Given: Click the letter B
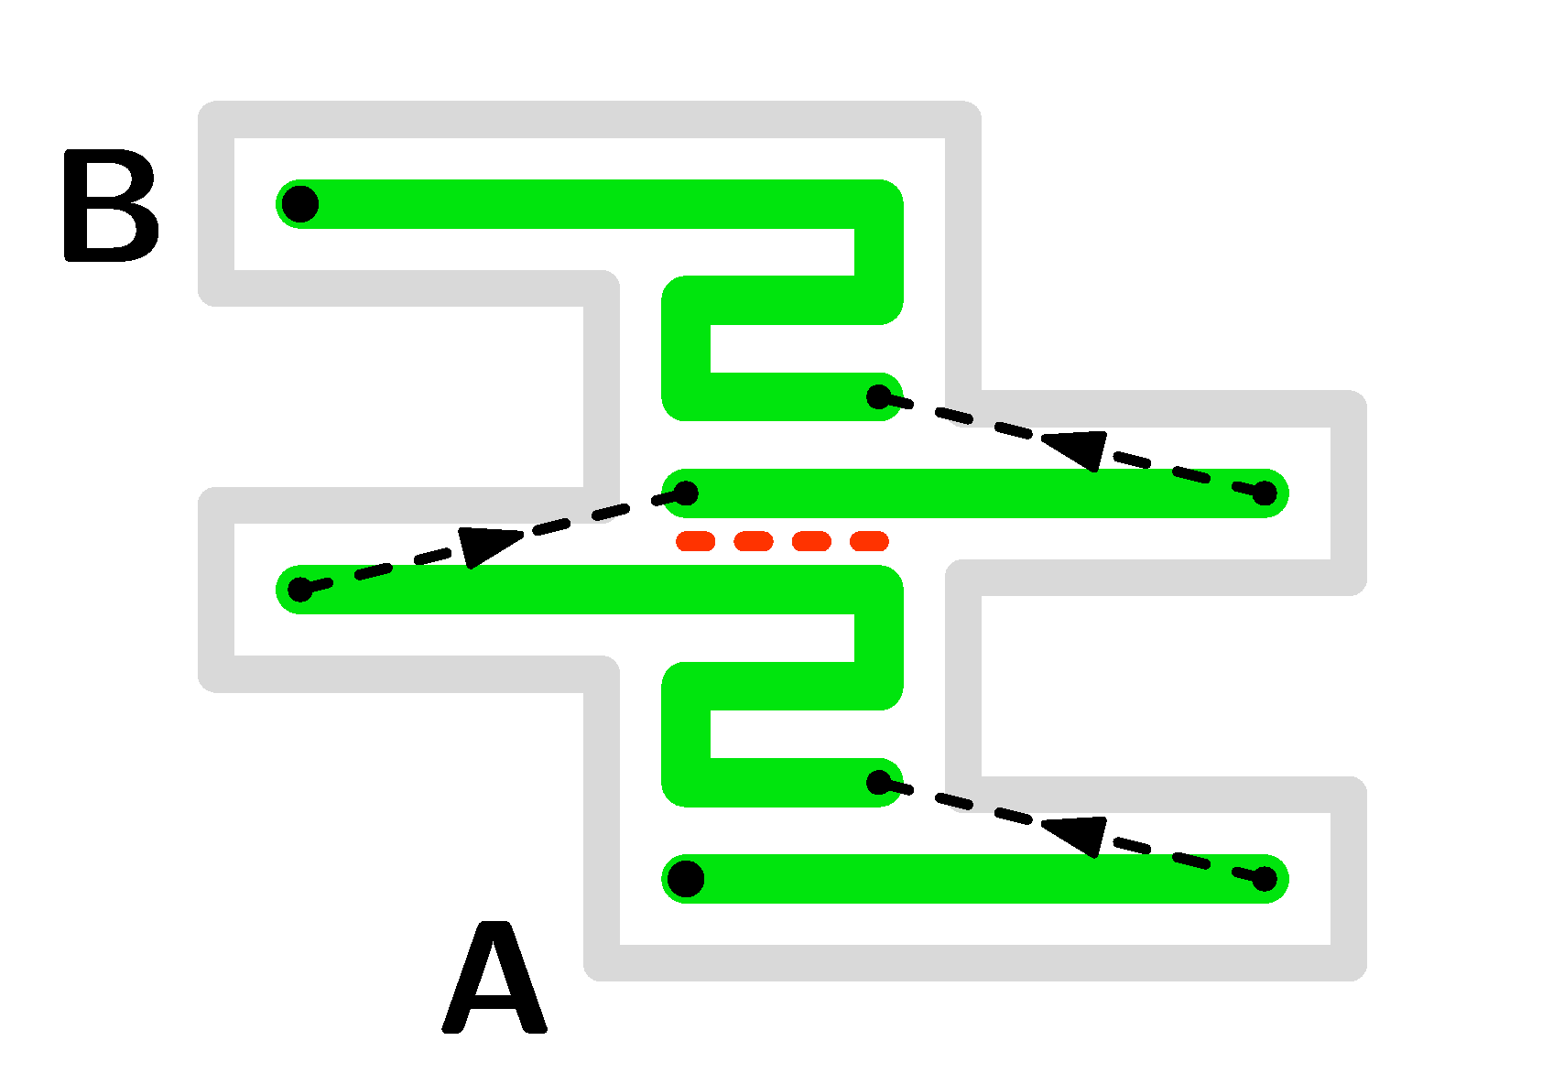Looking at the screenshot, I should click(111, 207).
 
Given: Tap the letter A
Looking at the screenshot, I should click(494, 980).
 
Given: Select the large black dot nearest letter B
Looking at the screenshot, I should click(299, 203).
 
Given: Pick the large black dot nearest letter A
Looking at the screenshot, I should click(686, 879).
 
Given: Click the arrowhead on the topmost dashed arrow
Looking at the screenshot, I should click(1074, 448).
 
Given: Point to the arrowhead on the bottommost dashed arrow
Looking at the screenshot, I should click(1074, 834).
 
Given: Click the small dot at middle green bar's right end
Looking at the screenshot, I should click(1265, 493).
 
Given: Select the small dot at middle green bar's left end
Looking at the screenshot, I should click(686, 494).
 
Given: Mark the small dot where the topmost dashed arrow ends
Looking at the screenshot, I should click(879, 396).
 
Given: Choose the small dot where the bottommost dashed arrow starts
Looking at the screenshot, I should click(1265, 879).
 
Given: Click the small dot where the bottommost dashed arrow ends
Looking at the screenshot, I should click(879, 782).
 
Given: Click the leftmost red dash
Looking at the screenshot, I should click(695, 541).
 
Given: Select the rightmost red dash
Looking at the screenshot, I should click(869, 541).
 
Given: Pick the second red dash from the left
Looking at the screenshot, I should click(754, 541).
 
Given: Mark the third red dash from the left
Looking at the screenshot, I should click(811, 541).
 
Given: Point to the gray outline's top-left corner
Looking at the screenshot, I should click(216, 120).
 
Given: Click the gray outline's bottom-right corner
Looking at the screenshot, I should click(1349, 962).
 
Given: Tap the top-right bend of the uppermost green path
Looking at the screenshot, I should click(879, 204).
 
